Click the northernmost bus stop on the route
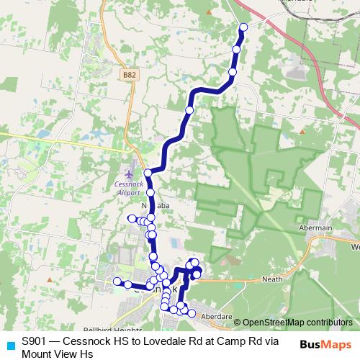point(243,27)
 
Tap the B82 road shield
point(128,74)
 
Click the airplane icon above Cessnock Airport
point(128,174)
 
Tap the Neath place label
point(272,278)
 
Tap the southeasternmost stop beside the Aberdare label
point(192,313)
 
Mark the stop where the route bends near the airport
point(148,173)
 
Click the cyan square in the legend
point(10,344)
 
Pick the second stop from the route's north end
point(237,49)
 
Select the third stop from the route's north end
point(233,72)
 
